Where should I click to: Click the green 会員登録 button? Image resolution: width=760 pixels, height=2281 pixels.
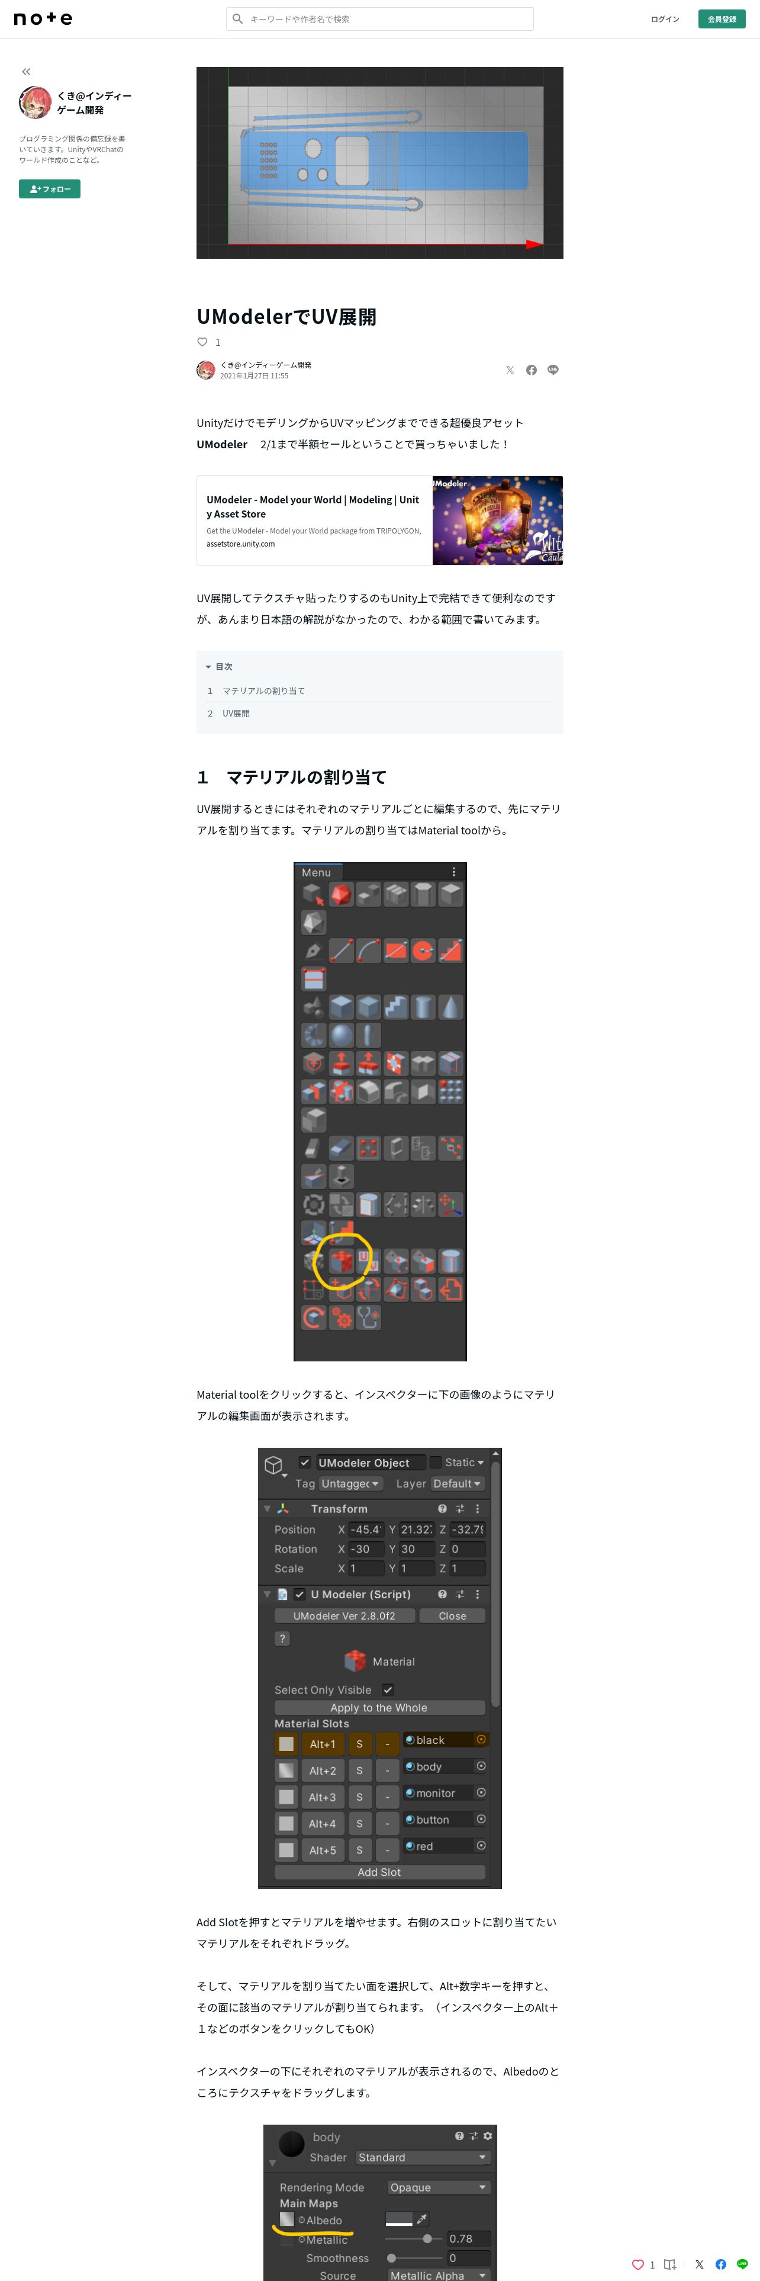tap(722, 18)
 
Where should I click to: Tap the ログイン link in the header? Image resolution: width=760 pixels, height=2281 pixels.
tap(665, 18)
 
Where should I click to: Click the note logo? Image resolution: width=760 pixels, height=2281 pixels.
tap(43, 18)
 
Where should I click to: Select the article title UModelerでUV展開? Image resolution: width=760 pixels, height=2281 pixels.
tap(286, 316)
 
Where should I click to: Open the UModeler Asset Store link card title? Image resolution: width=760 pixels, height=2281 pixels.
tap(313, 506)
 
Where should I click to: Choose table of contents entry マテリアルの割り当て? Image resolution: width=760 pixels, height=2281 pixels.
tap(263, 690)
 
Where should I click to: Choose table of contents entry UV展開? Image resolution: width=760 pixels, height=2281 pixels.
tap(236, 713)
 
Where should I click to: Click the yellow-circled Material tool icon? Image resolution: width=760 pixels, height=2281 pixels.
tap(342, 1260)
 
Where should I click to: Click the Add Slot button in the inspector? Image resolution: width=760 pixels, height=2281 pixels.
tap(379, 1872)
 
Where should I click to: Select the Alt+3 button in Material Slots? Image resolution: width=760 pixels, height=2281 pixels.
tap(322, 1797)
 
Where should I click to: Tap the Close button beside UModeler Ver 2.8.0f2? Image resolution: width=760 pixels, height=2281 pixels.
tap(452, 1615)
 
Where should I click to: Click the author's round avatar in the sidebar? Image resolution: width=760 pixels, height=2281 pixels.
tap(36, 102)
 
